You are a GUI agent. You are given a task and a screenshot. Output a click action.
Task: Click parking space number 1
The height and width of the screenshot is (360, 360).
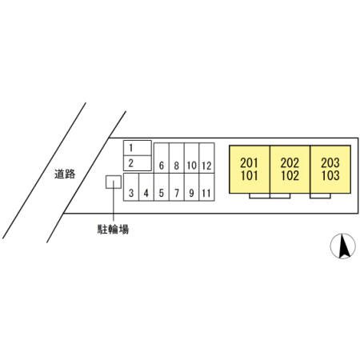tap(138, 148)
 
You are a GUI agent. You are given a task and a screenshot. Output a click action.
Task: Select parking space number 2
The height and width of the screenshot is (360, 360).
tap(138, 163)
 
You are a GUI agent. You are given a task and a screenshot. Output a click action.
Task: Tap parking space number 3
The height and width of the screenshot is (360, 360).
tap(131, 187)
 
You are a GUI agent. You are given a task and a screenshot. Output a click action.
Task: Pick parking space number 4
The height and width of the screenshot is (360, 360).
tap(146, 187)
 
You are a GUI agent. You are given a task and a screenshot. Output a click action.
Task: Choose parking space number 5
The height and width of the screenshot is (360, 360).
tap(162, 187)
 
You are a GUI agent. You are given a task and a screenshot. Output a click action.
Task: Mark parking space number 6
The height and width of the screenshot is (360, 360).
tap(162, 158)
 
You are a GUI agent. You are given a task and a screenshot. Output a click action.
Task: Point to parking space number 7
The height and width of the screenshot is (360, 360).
tap(177, 187)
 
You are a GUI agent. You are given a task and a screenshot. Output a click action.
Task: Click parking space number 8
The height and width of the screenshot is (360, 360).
tap(177, 158)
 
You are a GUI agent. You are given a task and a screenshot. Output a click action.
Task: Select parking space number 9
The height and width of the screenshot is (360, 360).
tap(191, 187)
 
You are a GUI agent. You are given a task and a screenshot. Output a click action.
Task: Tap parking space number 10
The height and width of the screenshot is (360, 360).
tap(191, 158)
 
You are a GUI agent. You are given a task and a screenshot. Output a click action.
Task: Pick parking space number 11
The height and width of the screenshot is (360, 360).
tap(206, 187)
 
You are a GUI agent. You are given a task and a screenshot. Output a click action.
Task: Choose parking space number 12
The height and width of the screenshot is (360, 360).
tap(206, 158)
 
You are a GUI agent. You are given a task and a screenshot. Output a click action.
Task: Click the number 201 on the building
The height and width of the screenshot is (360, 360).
tap(250, 162)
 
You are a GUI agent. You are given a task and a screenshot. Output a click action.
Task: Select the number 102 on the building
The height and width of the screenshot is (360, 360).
tap(290, 175)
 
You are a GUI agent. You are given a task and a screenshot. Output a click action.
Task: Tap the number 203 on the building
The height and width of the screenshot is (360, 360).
tap(330, 162)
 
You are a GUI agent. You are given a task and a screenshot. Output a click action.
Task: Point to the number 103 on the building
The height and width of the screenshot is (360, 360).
tap(330, 175)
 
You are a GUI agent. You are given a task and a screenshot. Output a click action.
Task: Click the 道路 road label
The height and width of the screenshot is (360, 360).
tap(65, 174)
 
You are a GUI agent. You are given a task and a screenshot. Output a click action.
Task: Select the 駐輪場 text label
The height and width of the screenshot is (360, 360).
tap(113, 229)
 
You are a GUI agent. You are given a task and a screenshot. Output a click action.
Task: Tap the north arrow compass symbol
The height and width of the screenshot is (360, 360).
tap(343, 246)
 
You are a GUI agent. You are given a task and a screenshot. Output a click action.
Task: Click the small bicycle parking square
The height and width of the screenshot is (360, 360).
tap(114, 182)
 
